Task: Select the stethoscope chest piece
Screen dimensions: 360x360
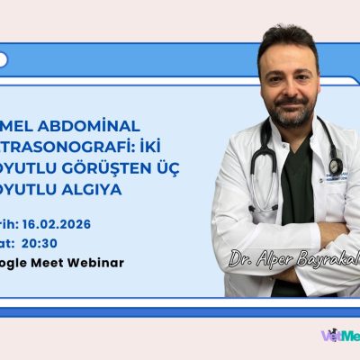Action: click(335, 167)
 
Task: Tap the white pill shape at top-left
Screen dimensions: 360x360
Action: click(3, 60)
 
